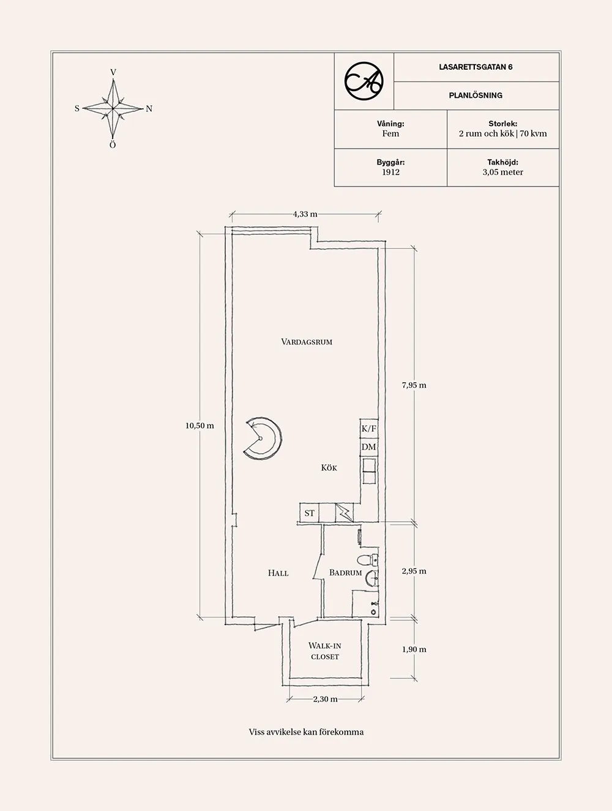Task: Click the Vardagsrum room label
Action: [307, 342]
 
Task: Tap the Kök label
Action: [329, 468]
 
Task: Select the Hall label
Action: [278, 573]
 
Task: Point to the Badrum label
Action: [346, 572]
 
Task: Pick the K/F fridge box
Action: [369, 429]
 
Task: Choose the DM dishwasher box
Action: [369, 447]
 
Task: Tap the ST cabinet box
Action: [309, 513]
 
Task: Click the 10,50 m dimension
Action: [200, 426]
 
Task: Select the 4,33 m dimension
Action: [305, 214]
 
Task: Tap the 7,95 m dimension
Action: [414, 385]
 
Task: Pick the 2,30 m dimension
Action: [325, 698]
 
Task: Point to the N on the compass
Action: [149, 109]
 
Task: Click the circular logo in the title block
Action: [364, 81]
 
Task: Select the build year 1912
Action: [390, 172]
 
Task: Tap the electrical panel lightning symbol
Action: [345, 513]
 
